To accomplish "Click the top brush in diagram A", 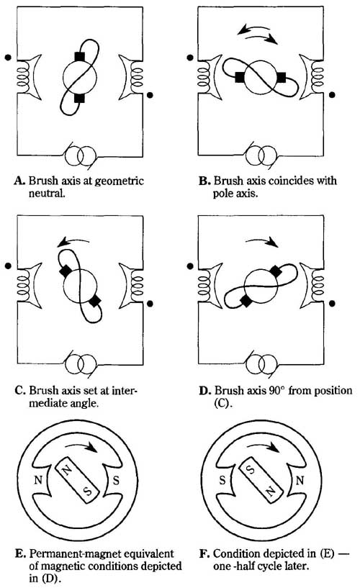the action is (x=79, y=57).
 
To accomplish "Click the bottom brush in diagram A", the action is (x=79, y=98).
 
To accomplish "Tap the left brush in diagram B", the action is (x=239, y=78).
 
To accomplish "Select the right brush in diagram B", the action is (x=281, y=78).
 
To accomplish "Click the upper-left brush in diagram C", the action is (x=66, y=271).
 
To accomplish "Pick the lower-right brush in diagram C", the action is (x=94, y=300).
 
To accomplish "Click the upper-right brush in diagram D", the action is (x=276, y=271).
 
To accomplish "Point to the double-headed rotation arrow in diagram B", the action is (x=258, y=33).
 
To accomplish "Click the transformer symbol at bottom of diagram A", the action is (x=80, y=155).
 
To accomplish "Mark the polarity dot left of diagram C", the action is (x=8, y=266).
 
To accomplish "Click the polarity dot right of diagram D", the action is (x=332, y=304).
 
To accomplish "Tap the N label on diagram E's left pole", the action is (x=38, y=479).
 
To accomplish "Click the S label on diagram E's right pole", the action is (x=116, y=480).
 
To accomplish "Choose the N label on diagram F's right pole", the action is (x=300, y=480).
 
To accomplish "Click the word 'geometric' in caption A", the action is (x=120, y=181).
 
